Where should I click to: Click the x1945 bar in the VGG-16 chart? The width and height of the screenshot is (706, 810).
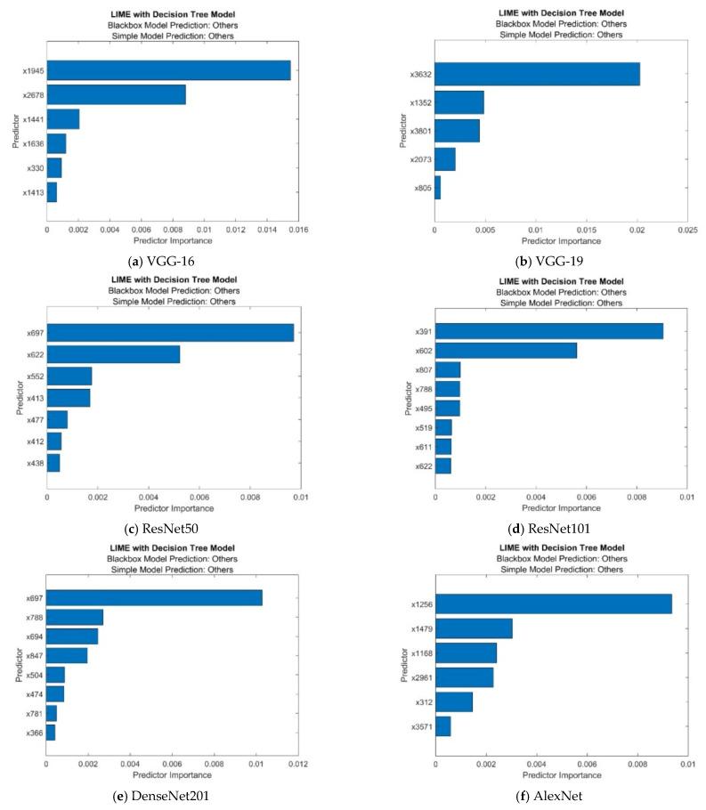pos(168,69)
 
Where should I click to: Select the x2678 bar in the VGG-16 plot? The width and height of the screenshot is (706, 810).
pos(116,94)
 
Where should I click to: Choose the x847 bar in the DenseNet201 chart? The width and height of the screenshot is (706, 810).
pos(67,655)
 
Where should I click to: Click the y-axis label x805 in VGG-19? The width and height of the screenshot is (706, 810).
pos(421,188)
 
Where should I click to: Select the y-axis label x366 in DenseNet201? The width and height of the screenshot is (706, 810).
pos(32,732)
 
